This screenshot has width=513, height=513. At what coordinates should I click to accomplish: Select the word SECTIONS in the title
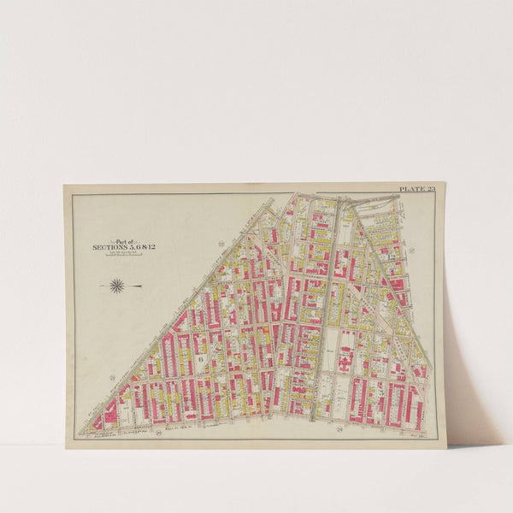(109, 247)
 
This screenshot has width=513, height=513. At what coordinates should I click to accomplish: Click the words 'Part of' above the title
(126, 240)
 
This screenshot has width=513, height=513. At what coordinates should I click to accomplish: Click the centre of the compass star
(117, 286)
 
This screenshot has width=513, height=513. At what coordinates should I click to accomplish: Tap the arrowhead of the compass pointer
(100, 286)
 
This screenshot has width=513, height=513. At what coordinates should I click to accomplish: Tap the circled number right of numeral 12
(412, 250)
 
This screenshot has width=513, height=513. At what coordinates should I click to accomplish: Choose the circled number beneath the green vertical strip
(339, 427)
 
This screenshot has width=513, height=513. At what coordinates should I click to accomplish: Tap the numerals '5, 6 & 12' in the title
(142, 247)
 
